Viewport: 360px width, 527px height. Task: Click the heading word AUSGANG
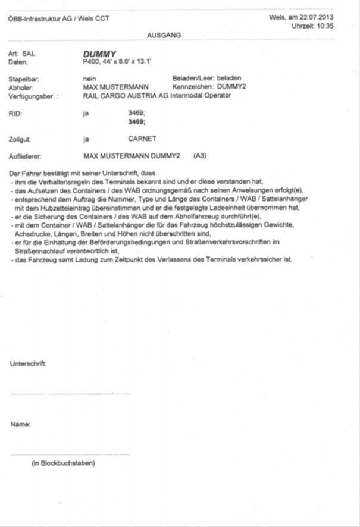pos(164,35)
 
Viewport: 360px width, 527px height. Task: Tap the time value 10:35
pos(325,26)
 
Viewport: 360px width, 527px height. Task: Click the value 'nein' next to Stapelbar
pos(90,79)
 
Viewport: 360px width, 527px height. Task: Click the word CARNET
pos(142,139)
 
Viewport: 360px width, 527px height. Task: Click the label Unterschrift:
pos(29,363)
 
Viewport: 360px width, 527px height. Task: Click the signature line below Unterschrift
pos(70,394)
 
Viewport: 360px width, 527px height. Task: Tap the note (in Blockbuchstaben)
pos(63,462)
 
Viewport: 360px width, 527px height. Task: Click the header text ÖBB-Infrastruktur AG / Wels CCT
pos(58,18)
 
